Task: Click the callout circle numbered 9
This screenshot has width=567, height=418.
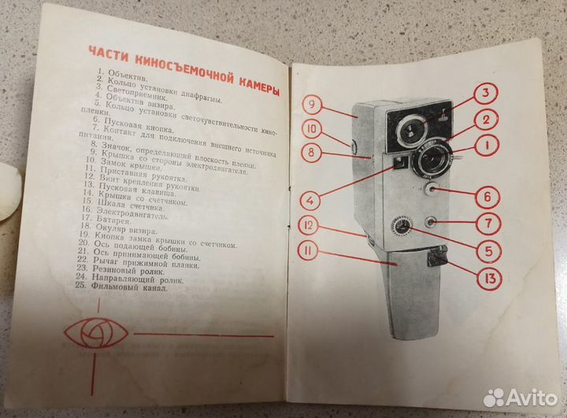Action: pos(311,105)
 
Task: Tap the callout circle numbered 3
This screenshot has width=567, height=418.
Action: pos(486,96)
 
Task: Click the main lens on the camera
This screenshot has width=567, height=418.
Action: pos(431,161)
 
